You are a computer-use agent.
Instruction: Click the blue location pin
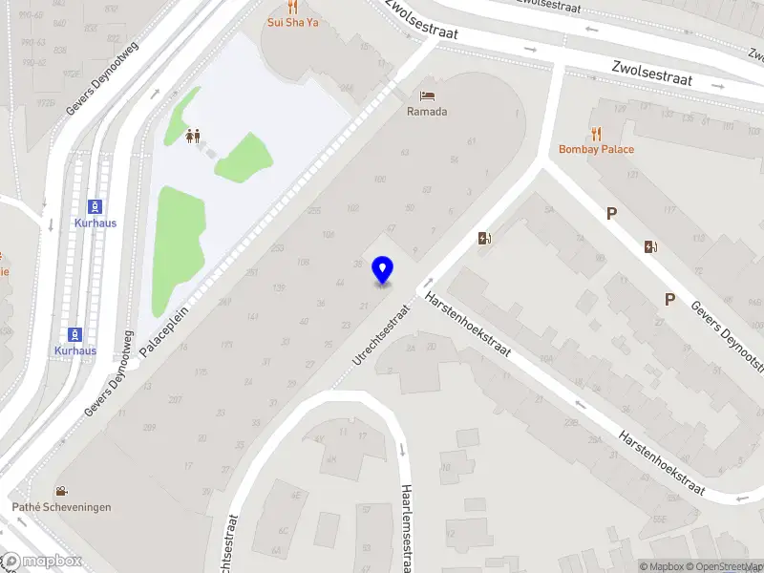click(x=383, y=270)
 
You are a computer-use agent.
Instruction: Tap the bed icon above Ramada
click(x=427, y=95)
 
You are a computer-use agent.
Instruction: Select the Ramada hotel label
click(x=427, y=112)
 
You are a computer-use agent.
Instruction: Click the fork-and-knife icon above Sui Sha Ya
click(x=292, y=6)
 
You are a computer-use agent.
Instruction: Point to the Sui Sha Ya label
click(x=292, y=22)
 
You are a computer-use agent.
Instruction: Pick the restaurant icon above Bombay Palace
click(x=597, y=133)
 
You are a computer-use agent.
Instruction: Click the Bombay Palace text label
click(x=597, y=149)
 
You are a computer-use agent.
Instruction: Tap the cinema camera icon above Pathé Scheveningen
click(x=61, y=491)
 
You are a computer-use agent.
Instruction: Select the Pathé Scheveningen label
click(x=61, y=507)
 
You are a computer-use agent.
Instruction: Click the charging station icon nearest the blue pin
click(x=484, y=238)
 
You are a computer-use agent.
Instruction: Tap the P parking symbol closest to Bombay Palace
click(x=611, y=214)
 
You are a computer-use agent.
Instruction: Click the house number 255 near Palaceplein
click(x=314, y=212)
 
